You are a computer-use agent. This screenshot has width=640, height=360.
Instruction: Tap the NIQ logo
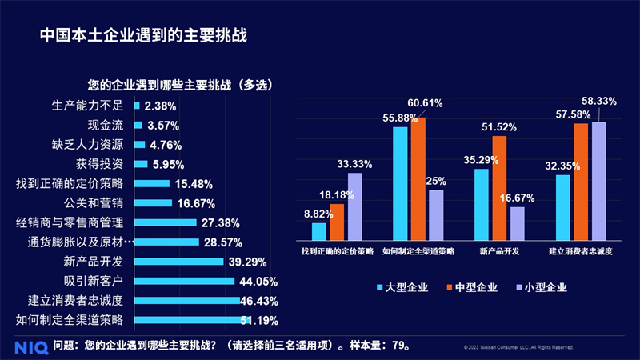tap(30, 346)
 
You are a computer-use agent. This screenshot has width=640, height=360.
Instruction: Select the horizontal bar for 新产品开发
tap(178, 261)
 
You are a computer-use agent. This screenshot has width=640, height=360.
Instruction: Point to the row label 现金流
tap(105, 125)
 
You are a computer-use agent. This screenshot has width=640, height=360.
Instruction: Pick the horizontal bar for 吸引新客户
tap(184, 281)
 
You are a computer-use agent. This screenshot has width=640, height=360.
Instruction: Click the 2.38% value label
tap(161, 106)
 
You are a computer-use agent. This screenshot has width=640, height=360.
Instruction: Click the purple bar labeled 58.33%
tap(598, 181)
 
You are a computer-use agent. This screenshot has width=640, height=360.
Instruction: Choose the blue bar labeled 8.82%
tap(319, 231)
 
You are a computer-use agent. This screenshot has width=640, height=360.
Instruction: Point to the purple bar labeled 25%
tap(436, 214)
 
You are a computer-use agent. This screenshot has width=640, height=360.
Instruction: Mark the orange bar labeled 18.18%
tap(337, 222)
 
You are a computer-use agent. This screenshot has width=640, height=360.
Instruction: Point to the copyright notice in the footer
tap(518, 348)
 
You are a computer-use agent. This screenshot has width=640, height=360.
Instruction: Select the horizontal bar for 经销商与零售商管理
tap(166, 222)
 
